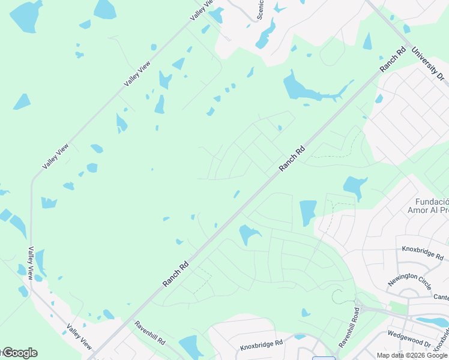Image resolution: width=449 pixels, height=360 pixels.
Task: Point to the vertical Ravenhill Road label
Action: click(358, 327)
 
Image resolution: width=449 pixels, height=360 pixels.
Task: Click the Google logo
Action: click(19, 353)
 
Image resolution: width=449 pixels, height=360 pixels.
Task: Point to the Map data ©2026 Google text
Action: click(412, 355)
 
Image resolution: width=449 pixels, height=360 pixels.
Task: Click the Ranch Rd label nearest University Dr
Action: click(393, 61)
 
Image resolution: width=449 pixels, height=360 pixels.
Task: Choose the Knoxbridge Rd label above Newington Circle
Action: click(422, 251)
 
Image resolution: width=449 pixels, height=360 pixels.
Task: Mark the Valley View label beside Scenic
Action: click(202, 11)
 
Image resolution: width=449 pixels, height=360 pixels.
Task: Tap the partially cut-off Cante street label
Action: click(440, 297)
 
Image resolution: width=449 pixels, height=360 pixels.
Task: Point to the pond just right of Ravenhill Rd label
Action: click(191, 347)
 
